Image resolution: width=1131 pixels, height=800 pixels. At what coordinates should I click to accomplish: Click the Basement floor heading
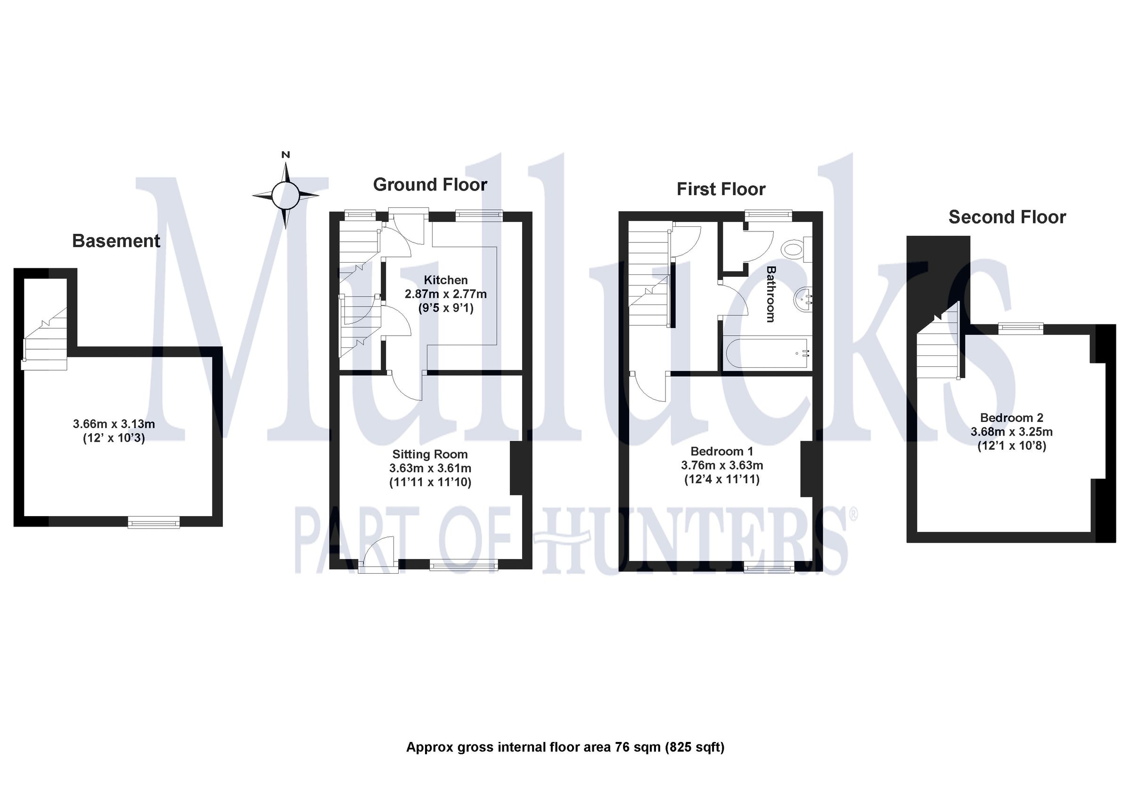coord(116,241)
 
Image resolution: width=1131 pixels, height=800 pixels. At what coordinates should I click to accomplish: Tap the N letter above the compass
coord(285,155)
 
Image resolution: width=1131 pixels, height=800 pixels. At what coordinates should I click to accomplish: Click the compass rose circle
coord(285,196)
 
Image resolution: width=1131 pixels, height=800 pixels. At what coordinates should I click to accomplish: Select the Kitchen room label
coord(445,280)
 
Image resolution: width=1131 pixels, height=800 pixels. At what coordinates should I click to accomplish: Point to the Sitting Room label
coord(429,454)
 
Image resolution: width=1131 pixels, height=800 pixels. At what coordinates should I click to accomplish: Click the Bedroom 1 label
coord(721,451)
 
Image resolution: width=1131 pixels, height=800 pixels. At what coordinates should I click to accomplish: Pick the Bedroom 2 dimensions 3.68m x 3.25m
coord(1011,432)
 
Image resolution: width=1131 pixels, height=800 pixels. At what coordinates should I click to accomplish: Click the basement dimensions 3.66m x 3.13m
coord(114,423)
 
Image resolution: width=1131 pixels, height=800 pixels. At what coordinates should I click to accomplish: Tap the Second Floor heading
coord(1007,217)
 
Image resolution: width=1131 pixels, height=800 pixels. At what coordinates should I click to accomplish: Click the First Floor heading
coord(721,190)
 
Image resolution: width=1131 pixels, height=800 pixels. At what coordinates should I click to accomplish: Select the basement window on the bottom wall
coord(154,522)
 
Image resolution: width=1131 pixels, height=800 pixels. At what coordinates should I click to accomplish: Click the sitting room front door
coord(378,554)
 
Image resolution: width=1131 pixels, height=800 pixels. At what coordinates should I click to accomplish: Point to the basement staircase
coord(45,340)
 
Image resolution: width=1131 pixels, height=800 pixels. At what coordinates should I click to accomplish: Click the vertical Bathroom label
coord(770,294)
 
